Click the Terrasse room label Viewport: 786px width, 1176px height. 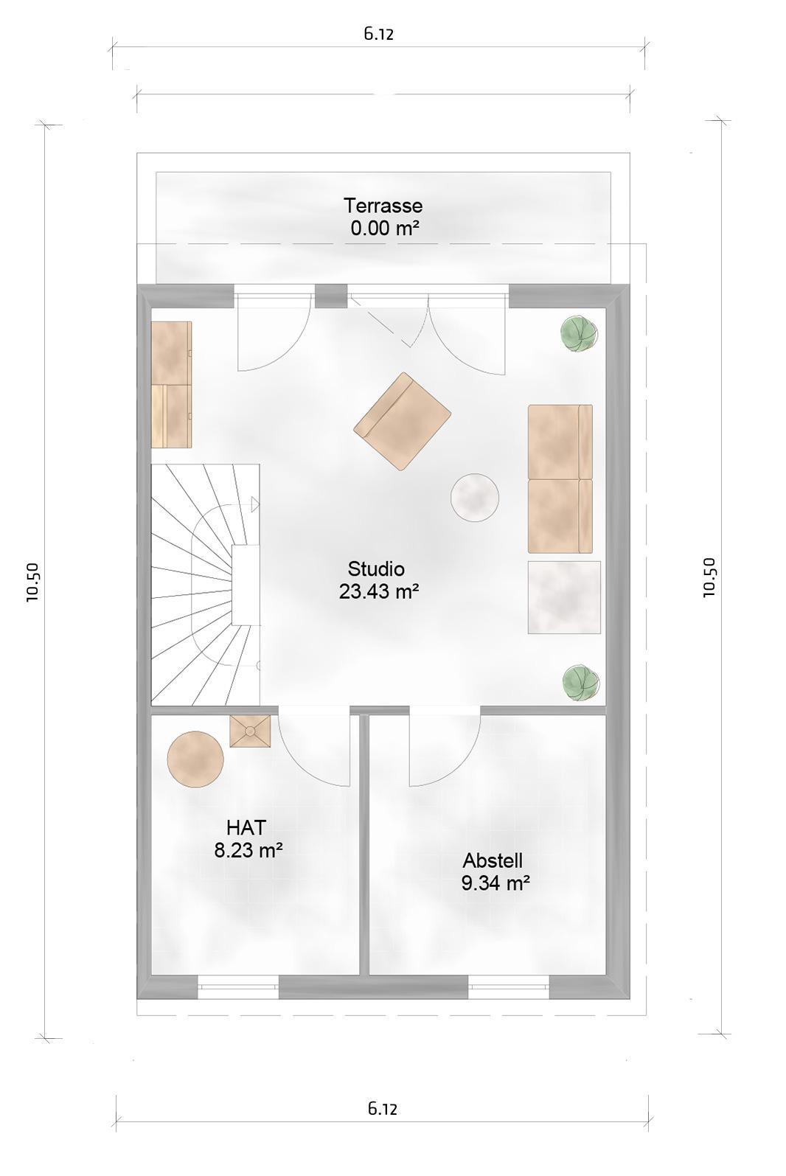(383, 205)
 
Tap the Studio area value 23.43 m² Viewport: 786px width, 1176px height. (378, 591)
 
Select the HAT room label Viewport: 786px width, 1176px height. (246, 828)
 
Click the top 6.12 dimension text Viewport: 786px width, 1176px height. (378, 34)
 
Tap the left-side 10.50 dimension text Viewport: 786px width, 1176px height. (32, 582)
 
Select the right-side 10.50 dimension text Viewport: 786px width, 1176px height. (709, 577)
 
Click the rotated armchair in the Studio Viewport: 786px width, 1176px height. (402, 421)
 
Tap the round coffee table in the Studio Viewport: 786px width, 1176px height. (475, 497)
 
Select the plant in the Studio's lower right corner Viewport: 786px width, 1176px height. (580, 683)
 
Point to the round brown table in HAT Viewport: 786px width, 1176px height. (195, 759)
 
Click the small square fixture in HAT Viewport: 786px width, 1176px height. (250, 731)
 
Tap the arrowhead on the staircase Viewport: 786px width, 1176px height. (255, 504)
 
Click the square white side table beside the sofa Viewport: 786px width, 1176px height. (564, 597)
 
